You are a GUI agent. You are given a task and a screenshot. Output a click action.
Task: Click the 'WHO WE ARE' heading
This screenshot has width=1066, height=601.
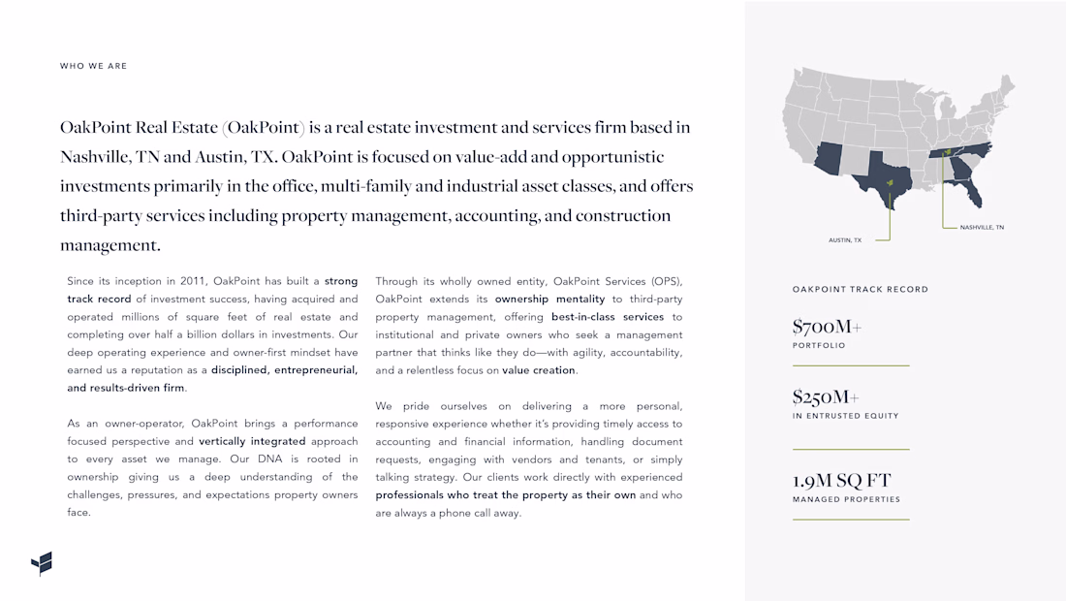click(93, 66)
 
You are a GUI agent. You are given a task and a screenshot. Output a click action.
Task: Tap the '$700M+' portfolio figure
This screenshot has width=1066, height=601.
click(826, 327)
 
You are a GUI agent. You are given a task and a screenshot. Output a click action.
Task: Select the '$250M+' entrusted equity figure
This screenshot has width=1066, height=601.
click(826, 396)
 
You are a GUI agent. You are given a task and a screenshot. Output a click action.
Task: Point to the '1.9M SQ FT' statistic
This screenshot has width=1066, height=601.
click(841, 480)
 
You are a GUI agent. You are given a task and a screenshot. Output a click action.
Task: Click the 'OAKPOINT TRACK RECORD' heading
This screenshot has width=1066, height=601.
click(860, 289)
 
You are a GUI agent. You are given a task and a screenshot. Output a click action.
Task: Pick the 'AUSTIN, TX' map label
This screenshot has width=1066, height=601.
click(844, 239)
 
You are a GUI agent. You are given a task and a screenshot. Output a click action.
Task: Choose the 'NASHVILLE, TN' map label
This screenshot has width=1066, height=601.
click(982, 227)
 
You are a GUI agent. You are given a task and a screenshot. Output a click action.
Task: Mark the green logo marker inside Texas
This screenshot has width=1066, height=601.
click(890, 182)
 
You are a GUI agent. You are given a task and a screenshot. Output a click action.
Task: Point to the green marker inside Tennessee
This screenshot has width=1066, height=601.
click(947, 152)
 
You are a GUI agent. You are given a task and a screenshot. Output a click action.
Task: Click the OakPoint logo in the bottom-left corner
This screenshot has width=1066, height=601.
click(42, 563)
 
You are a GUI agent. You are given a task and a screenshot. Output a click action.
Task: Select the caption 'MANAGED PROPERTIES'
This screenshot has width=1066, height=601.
click(846, 499)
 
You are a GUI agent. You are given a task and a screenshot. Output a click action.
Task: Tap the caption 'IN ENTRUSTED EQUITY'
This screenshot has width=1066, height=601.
click(845, 416)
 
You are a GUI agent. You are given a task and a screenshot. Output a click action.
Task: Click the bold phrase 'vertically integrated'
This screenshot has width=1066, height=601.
click(252, 441)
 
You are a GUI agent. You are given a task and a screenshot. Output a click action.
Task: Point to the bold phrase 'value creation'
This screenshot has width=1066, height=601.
click(539, 370)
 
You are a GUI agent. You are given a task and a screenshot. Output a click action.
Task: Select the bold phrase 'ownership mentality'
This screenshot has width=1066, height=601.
click(549, 300)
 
